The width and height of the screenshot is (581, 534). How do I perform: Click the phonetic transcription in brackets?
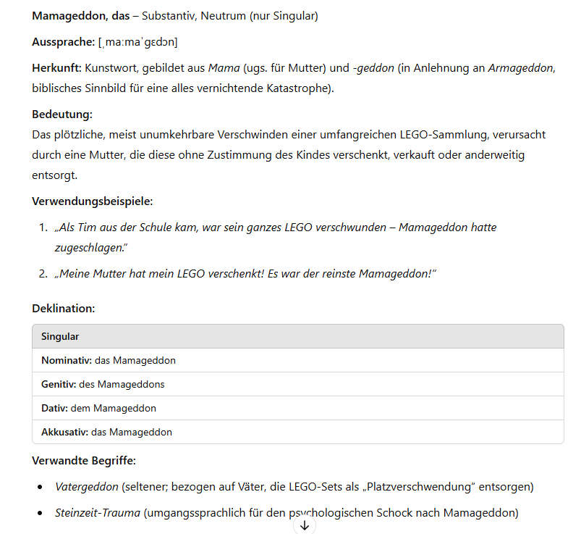point(138,42)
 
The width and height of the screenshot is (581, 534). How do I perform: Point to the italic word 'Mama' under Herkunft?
point(223,69)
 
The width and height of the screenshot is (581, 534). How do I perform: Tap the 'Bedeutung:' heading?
point(62,114)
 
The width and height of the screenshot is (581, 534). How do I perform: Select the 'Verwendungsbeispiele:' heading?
point(93,201)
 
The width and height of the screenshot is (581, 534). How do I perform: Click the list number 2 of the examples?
point(43,273)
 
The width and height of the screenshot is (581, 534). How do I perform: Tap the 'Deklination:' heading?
point(64,308)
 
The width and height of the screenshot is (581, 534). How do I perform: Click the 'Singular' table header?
point(60,336)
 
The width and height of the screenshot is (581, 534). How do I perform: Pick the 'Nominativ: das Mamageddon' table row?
point(109,360)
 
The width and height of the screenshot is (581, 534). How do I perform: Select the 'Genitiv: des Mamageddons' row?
point(108,384)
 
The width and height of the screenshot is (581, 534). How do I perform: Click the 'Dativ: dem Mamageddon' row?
point(98,408)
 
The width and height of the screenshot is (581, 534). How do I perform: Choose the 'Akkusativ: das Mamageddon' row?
point(106,432)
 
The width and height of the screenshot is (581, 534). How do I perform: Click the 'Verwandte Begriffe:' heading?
point(84,460)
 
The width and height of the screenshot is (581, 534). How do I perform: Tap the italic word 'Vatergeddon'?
point(86,486)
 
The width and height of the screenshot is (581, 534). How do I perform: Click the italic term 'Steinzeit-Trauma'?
point(98,512)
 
